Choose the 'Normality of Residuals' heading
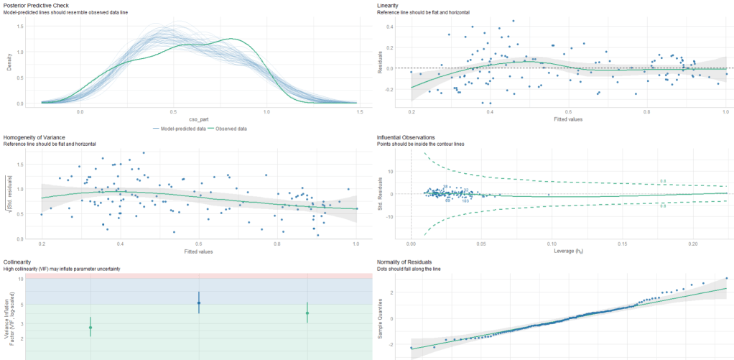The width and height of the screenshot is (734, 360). pyautogui.click(x=407, y=262)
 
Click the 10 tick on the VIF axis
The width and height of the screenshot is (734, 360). pyautogui.click(x=22, y=278)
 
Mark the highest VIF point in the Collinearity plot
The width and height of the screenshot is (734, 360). pyautogui.click(x=199, y=303)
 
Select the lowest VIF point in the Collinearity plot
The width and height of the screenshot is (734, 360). pyautogui.click(x=90, y=328)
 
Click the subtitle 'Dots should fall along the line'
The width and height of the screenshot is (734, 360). pyautogui.click(x=412, y=269)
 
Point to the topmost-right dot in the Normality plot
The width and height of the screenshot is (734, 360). pyautogui.click(x=725, y=278)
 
